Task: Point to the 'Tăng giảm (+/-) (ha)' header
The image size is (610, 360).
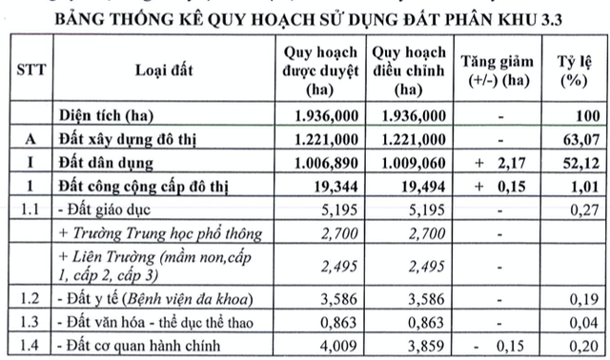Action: [497, 70]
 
